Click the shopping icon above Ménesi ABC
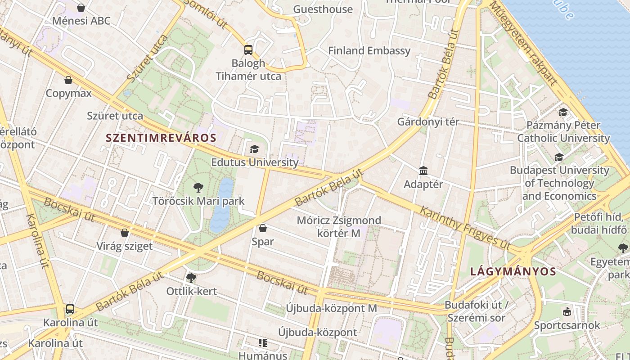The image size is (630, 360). coord(81,8)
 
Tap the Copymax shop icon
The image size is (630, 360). coord(68,81)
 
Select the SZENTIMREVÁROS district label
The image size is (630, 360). coord(161,138)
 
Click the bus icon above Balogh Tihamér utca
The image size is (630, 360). coord(248,49)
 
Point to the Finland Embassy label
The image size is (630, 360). coord(369,51)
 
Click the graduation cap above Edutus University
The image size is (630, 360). coord(255,149)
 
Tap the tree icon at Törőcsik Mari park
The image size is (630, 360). coord(198,188)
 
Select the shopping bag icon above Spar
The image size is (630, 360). coord(263,229)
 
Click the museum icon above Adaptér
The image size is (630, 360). coord(423,171)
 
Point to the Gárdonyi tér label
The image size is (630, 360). coord(428,122)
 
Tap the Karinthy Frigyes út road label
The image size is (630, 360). coord(465,228)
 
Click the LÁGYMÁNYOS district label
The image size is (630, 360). coord(513,271)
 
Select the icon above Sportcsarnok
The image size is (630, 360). coord(567,311)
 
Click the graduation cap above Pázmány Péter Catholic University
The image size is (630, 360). coord(563,112)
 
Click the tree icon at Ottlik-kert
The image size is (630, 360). coord(191,278)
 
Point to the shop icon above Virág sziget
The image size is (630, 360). coord(125,233)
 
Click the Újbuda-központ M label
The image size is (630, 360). coord(331,309)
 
